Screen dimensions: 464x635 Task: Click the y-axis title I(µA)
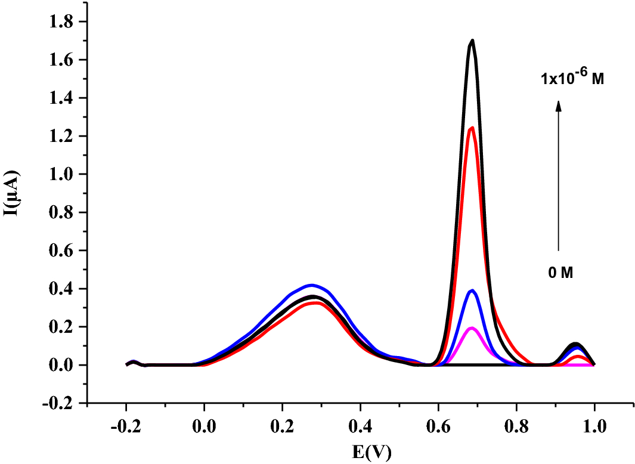coord(13,193)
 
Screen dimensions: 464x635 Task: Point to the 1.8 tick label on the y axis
coord(67,22)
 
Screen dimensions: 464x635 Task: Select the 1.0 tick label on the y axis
coord(67,174)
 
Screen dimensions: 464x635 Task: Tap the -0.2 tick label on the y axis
coord(64,403)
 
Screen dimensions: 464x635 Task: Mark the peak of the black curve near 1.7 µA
coord(472,41)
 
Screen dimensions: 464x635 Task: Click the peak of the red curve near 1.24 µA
coord(472,128)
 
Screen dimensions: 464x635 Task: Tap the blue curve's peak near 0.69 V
coord(472,290)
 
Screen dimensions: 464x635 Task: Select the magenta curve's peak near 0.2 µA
coord(472,328)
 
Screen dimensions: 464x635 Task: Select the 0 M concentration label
coord(560,273)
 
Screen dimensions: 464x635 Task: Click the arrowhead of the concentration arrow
coord(559,105)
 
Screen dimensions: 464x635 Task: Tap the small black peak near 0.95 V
coord(575,344)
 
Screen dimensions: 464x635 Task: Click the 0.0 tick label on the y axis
coord(67,365)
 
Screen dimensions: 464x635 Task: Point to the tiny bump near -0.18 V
coord(134,361)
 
